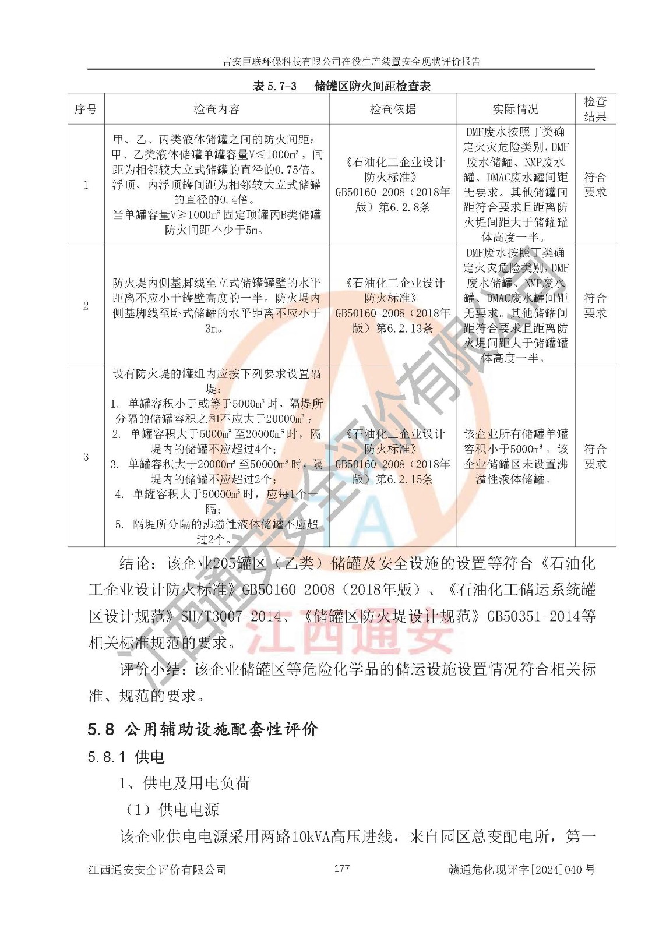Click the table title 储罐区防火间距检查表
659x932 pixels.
point(342,86)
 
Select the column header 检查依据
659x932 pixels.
point(393,110)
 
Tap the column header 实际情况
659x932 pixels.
point(516,110)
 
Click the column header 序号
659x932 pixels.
point(86,110)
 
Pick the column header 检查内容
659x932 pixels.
point(217,110)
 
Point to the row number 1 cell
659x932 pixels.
point(86,185)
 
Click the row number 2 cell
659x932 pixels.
point(86,306)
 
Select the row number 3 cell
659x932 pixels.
point(86,457)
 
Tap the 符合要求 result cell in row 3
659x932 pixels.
point(595,457)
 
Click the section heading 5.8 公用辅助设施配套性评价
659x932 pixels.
point(203,729)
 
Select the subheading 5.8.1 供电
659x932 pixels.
point(126,757)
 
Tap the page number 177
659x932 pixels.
point(342,869)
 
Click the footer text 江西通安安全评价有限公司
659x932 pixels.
point(157,870)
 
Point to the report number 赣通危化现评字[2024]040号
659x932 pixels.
point(522,870)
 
